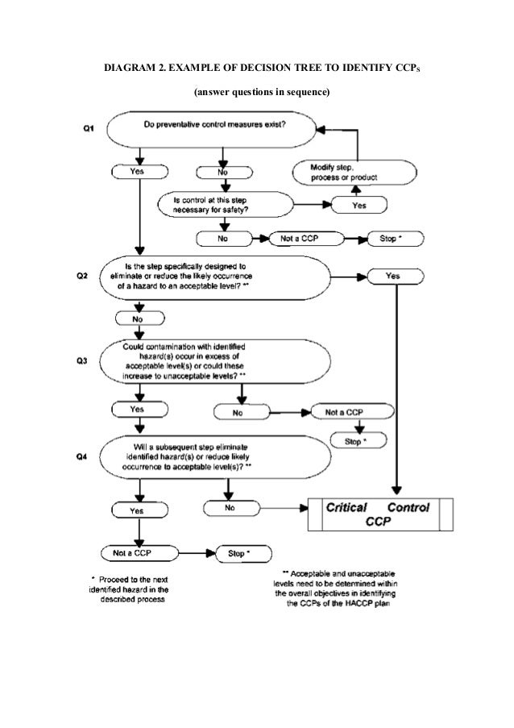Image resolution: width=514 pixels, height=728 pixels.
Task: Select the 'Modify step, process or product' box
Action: point(354,172)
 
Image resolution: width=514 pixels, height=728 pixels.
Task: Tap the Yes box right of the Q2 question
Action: point(393,276)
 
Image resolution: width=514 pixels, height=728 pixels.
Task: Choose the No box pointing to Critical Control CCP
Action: point(230,508)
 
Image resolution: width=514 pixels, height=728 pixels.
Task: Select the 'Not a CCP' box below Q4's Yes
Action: point(138,553)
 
